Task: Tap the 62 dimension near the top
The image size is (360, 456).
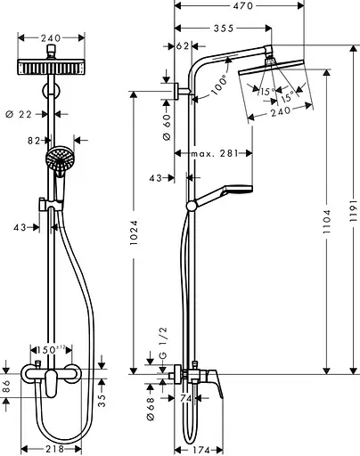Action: pos(184,46)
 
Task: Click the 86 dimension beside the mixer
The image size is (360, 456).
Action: pos(8,387)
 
